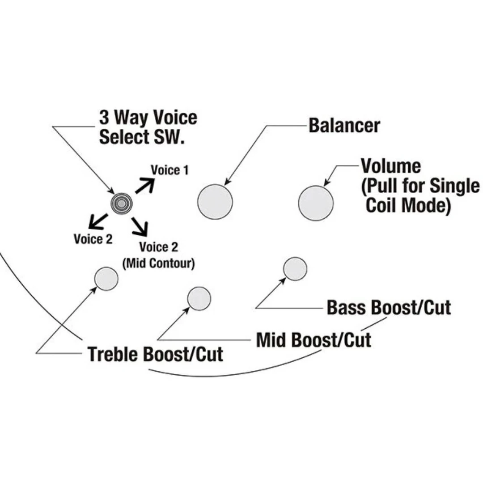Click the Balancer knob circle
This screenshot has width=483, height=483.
pyautogui.click(x=215, y=202)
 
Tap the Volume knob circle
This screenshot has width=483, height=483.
pyautogui.click(x=316, y=203)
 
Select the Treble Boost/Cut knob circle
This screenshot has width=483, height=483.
pyautogui.click(x=106, y=278)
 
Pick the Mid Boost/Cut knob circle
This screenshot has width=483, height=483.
pyautogui.click(x=199, y=298)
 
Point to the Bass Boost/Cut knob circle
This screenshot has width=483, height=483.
pyautogui.click(x=295, y=269)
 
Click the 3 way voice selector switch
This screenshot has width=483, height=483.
pyautogui.click(x=122, y=203)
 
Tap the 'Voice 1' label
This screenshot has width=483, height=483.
pyautogui.click(x=169, y=170)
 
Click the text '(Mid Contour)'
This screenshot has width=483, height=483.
pyautogui.click(x=158, y=263)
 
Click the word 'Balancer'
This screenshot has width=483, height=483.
pyautogui.click(x=344, y=126)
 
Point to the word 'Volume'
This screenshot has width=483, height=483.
pyautogui.click(x=391, y=166)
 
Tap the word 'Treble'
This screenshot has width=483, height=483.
pyautogui.click(x=113, y=354)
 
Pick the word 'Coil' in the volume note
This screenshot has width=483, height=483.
pyautogui.click(x=381, y=205)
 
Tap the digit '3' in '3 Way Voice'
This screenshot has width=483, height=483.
pyautogui.click(x=104, y=118)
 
